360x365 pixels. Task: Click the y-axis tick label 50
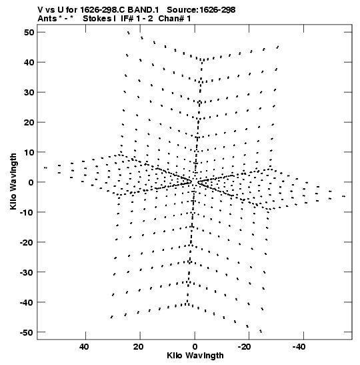pyautogui.click(x=29, y=32)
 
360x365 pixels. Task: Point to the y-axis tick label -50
pyautogui.click(x=27, y=332)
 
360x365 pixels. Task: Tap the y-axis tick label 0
pyautogui.click(x=31, y=182)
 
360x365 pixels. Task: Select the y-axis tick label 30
pyautogui.click(x=29, y=92)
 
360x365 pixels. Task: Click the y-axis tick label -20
pyautogui.click(x=27, y=242)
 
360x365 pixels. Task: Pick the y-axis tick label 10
pyautogui.click(x=29, y=152)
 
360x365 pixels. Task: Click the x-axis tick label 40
pyautogui.click(x=84, y=347)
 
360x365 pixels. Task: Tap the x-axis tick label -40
pyautogui.click(x=299, y=347)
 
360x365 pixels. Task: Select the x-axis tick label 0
pyautogui.click(x=195, y=347)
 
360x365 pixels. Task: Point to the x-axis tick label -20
pyautogui.click(x=245, y=347)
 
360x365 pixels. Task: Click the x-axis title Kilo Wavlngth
pyautogui.click(x=195, y=356)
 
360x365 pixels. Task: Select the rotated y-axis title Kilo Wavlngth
pyautogui.click(x=13, y=181)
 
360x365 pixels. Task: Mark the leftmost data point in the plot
pyautogui.click(x=45, y=168)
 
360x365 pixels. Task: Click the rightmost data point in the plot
pyautogui.click(x=344, y=196)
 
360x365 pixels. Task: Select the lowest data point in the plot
pyautogui.click(x=261, y=331)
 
